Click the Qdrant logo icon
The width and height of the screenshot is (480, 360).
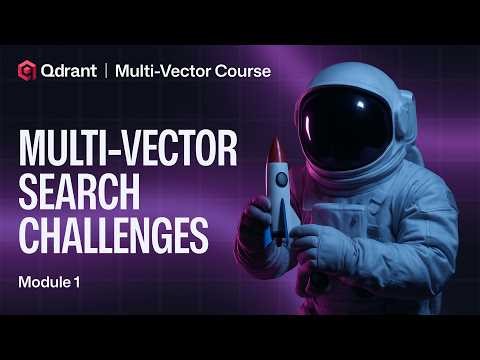click(x=28, y=70)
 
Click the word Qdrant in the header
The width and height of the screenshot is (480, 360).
click(x=70, y=70)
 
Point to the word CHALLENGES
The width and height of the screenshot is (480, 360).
click(x=113, y=239)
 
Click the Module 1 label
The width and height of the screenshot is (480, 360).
click(x=49, y=283)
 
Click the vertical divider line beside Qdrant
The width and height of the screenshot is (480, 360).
click(x=105, y=70)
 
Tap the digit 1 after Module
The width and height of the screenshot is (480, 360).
click(x=78, y=283)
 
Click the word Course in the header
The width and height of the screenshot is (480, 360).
click(x=244, y=70)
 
